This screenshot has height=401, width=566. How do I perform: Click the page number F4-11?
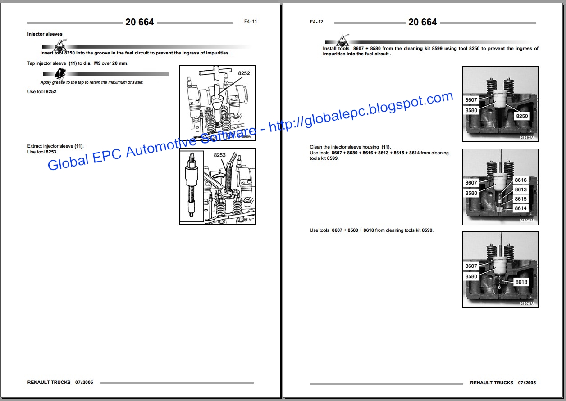pyautogui.click(x=251, y=22)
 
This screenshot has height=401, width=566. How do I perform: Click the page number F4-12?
pyautogui.click(x=316, y=22)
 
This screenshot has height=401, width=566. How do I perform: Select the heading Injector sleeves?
pyautogui.click(x=45, y=34)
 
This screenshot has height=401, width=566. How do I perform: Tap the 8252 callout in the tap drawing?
pyautogui.click(x=244, y=73)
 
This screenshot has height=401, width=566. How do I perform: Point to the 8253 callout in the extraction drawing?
pyautogui.click(x=219, y=155)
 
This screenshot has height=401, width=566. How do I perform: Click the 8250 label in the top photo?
pyautogui.click(x=522, y=116)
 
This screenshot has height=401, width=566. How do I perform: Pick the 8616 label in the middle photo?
pyautogui.click(x=520, y=180)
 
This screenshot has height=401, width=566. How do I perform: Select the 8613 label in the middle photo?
pyautogui.click(x=520, y=189)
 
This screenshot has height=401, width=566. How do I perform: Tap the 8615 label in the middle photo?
pyautogui.click(x=520, y=199)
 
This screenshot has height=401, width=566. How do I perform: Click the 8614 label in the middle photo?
pyautogui.click(x=520, y=208)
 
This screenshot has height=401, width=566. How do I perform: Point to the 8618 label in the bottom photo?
pyautogui.click(x=521, y=282)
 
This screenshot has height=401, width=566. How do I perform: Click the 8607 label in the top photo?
pyautogui.click(x=471, y=100)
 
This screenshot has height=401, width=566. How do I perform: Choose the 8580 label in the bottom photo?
pyautogui.click(x=471, y=276)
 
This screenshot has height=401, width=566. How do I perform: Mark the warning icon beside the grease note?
pyautogui.click(x=60, y=73)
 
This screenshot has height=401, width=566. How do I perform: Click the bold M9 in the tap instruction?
pyautogui.click(x=97, y=63)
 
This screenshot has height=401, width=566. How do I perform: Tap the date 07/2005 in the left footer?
pyautogui.click(x=84, y=383)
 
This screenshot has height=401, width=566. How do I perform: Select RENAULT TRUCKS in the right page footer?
pyautogui.click(x=492, y=383)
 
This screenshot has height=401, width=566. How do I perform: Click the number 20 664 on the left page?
pyautogui.click(x=140, y=22)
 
